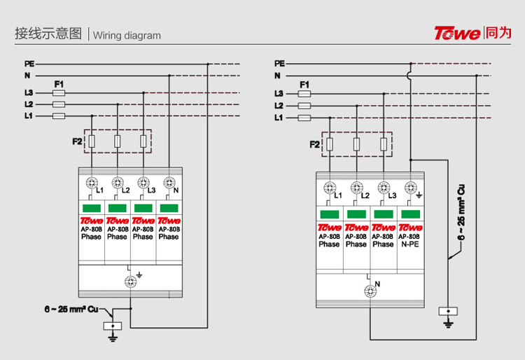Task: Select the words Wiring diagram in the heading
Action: click(127, 36)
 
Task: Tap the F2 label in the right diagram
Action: click(314, 144)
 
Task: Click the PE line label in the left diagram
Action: click(29, 64)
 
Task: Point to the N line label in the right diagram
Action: click(277, 76)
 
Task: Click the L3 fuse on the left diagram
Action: click(59, 92)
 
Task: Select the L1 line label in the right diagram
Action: click(279, 118)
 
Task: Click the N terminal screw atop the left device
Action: click(168, 183)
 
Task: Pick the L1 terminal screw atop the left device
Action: click(91, 183)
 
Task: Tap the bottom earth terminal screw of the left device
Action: click(129, 281)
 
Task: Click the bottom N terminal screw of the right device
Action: click(369, 292)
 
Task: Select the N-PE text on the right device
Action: click(409, 244)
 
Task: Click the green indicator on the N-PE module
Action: click(409, 214)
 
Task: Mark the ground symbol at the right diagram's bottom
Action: click(447, 323)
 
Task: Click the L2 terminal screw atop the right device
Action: click(356, 188)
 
